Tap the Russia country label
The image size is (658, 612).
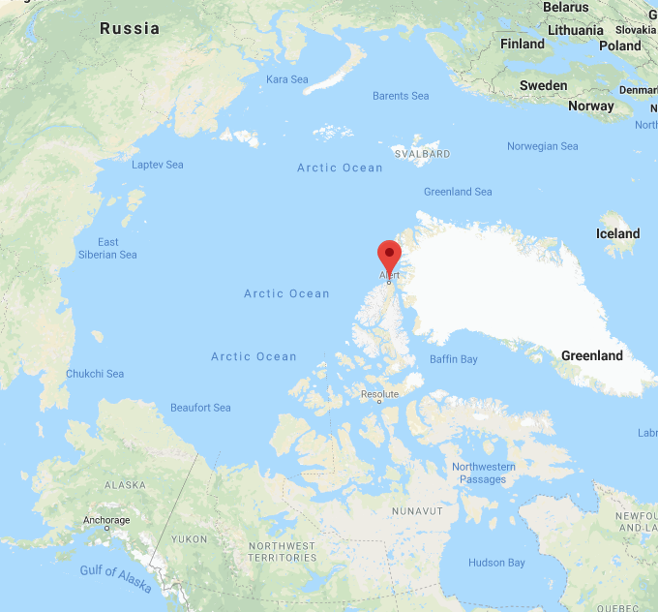tap(130, 28)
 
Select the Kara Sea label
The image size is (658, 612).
tap(286, 78)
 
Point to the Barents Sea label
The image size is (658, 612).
tap(401, 96)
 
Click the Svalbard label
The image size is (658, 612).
tap(422, 154)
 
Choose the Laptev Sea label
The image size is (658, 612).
tap(158, 165)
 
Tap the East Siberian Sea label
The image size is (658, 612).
tap(107, 248)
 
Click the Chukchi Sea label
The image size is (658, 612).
tap(95, 374)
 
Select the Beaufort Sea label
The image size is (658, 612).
tap(200, 408)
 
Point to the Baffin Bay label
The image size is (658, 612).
tap(454, 359)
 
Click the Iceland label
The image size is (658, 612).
tap(617, 233)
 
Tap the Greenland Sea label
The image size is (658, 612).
tap(459, 192)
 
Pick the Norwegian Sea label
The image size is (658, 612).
tap(543, 146)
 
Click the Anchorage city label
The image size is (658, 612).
tap(105, 520)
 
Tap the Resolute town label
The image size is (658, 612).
tap(379, 394)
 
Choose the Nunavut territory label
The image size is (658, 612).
tap(417, 510)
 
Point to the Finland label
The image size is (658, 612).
tap(523, 44)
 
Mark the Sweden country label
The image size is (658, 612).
tap(544, 85)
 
